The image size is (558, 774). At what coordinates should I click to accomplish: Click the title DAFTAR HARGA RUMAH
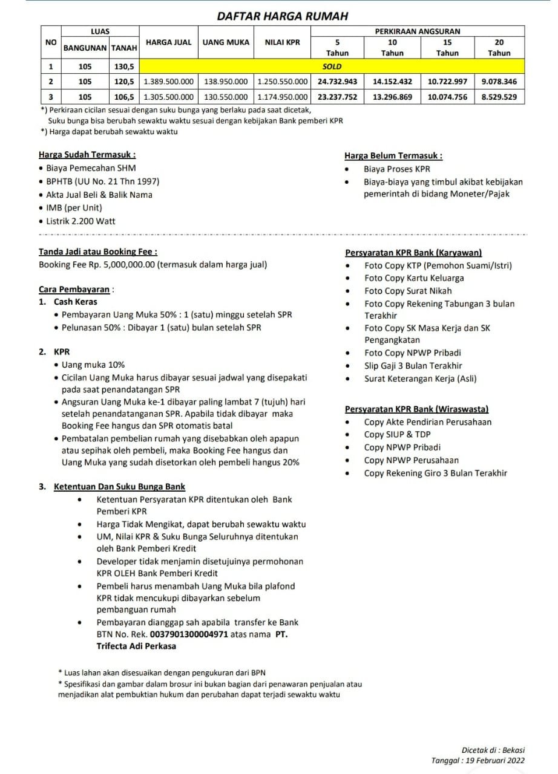coord(283,16)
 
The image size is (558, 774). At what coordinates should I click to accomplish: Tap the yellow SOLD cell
coord(332,67)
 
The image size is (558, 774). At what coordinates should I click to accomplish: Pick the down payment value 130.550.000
coord(225,96)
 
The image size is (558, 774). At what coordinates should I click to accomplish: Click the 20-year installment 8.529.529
coord(499,96)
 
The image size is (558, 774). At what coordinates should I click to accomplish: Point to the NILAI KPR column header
coord(282,42)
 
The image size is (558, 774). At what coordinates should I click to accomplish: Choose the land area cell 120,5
coord(124,81)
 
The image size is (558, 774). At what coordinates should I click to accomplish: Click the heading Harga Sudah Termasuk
coord(87,154)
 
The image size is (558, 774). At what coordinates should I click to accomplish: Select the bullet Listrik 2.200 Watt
coord(80,221)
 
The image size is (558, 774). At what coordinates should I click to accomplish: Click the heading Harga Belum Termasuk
coord(393,155)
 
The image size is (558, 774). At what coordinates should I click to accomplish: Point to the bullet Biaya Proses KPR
coord(396,169)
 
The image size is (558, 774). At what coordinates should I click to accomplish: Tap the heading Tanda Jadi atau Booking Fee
coord(98,251)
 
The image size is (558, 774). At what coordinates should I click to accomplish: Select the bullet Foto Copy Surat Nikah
coord(408,291)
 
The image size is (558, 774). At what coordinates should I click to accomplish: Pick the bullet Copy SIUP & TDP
coord(397,434)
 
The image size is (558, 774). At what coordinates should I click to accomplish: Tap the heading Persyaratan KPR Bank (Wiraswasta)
coord(417,409)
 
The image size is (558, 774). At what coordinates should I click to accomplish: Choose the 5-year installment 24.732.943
coord(337,81)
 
